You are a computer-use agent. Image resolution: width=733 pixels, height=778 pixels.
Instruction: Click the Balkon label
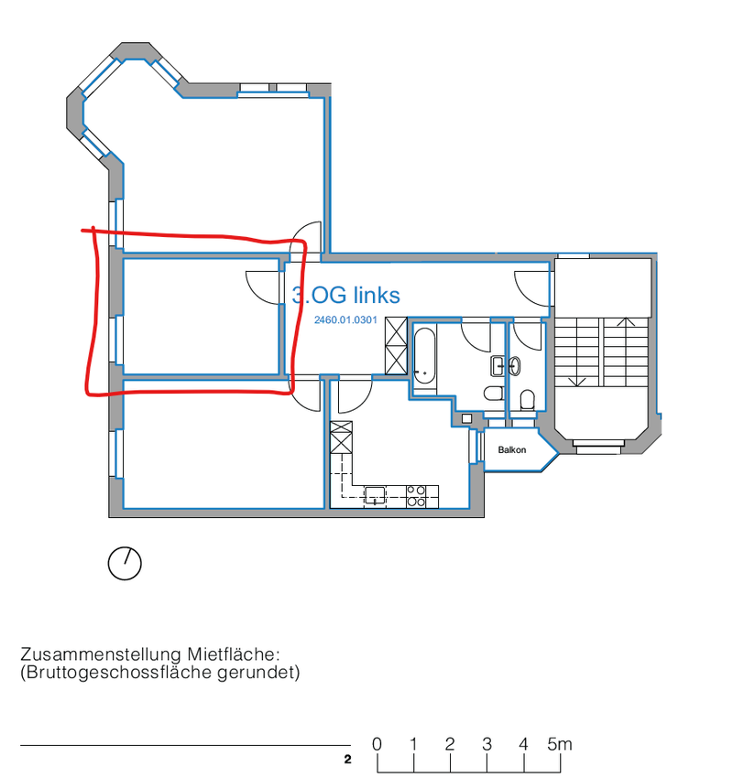512,450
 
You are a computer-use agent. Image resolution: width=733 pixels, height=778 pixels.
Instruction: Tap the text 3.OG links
346,296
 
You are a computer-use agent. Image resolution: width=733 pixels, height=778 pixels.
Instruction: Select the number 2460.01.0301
345,320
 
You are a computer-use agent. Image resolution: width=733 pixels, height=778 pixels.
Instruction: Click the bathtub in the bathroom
424,356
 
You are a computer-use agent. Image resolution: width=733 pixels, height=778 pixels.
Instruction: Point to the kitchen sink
375,495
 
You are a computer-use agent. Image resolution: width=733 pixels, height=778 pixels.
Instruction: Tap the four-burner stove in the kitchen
416,496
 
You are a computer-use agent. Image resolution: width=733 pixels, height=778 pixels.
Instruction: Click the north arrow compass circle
125,564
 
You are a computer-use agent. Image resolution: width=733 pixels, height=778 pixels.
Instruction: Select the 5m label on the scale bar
560,744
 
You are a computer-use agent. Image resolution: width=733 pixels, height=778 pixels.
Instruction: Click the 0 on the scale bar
377,744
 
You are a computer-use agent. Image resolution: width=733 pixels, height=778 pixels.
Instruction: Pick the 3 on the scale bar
487,744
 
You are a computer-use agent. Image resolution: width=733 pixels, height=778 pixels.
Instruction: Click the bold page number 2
347,760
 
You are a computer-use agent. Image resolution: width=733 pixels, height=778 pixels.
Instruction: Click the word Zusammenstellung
101,655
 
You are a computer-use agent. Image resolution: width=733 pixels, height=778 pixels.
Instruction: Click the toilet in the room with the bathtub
494,393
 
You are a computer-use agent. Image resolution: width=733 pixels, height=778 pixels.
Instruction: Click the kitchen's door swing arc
356,396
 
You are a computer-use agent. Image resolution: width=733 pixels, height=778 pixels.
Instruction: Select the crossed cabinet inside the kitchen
341,438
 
